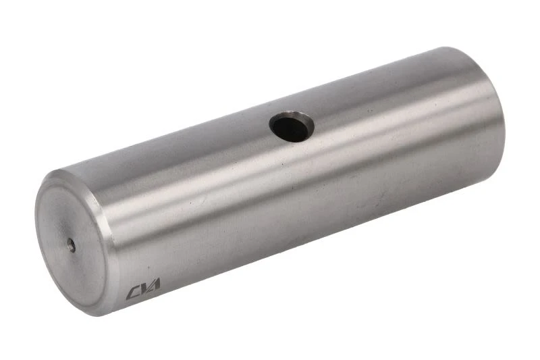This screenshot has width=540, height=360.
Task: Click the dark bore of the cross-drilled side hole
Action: click(x=289, y=129)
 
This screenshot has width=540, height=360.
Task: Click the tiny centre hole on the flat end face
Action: click(x=72, y=245)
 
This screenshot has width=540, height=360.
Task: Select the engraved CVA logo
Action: click(x=143, y=289)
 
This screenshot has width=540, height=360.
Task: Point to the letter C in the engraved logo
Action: click(x=132, y=293)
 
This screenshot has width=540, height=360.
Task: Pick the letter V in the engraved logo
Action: click(x=144, y=288)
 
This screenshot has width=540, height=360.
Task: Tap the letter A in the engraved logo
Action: click(x=155, y=285)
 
